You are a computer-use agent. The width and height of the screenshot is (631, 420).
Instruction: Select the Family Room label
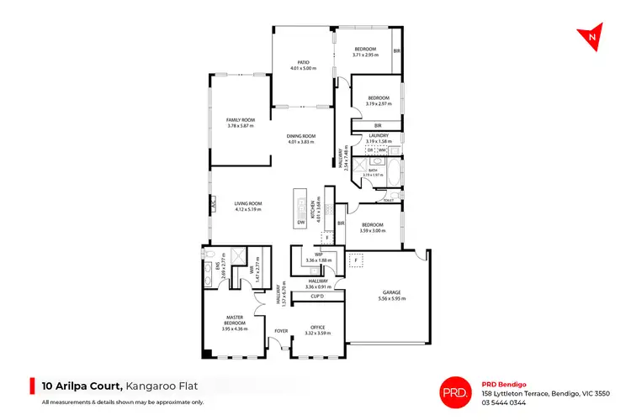pyautogui.click(x=240, y=120)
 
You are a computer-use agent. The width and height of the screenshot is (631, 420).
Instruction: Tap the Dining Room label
pyautogui.click(x=301, y=136)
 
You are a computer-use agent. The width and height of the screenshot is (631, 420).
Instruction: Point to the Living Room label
pyautogui.click(x=248, y=202)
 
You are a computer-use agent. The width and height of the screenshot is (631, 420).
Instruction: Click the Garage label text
pyautogui.click(x=388, y=292)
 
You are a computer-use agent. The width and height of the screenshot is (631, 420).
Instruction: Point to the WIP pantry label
pyautogui.click(x=319, y=255)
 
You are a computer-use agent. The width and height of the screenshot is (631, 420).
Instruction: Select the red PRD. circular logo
pyautogui.click(x=455, y=390)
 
